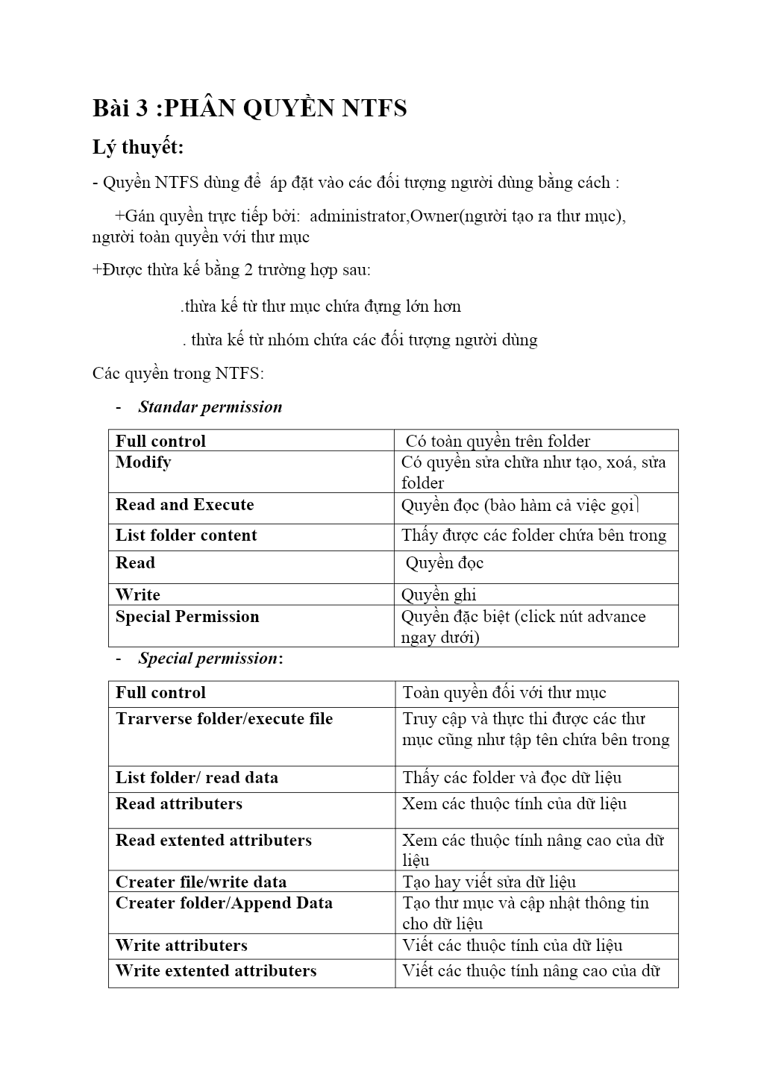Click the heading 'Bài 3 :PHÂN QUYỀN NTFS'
(x=249, y=108)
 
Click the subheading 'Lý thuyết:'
(x=138, y=148)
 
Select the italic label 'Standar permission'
(x=210, y=407)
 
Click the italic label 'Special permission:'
(x=210, y=659)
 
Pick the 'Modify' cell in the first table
(x=143, y=462)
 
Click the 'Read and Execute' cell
(x=184, y=505)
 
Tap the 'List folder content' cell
(x=186, y=536)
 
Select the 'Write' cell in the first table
(x=138, y=594)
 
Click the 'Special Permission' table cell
(x=187, y=617)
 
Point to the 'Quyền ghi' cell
(x=439, y=594)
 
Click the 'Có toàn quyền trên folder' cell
(x=498, y=441)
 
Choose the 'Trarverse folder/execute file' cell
(x=224, y=719)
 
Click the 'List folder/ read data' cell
(x=196, y=778)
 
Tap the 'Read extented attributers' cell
(x=213, y=841)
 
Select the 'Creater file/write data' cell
(x=201, y=882)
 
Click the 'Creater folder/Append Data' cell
(x=224, y=903)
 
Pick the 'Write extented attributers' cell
(x=216, y=971)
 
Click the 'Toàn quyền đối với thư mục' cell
(x=504, y=693)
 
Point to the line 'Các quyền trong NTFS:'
(x=178, y=373)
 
